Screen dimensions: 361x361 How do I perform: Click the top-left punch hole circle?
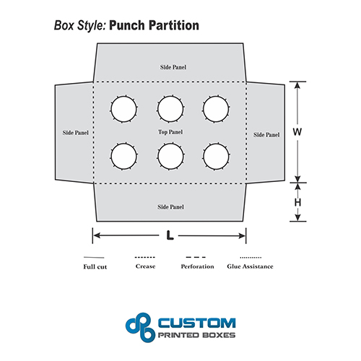point(123,97)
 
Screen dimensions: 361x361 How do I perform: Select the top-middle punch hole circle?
point(170,96)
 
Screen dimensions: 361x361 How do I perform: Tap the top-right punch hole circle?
point(216,97)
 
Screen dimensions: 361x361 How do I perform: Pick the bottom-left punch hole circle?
point(123,144)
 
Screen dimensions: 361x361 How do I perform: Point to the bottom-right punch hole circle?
point(216,144)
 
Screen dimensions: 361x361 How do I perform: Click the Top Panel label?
point(170,132)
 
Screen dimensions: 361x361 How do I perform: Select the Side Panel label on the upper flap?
point(173,67)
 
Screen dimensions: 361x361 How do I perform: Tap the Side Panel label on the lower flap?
point(170,207)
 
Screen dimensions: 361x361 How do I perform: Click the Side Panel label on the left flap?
point(76,133)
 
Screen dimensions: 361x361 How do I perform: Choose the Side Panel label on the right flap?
point(266,135)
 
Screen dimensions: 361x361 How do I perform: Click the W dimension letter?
point(297,132)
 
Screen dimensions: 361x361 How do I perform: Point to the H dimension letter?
point(297,202)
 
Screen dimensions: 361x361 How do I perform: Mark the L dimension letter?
point(170,235)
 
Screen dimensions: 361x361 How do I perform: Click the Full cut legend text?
point(95,266)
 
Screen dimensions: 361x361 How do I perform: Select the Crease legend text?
point(145,266)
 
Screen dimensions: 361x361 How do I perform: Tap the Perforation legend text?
point(197,266)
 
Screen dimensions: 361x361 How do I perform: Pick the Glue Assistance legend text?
point(250,266)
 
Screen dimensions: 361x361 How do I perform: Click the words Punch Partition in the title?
point(154,25)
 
